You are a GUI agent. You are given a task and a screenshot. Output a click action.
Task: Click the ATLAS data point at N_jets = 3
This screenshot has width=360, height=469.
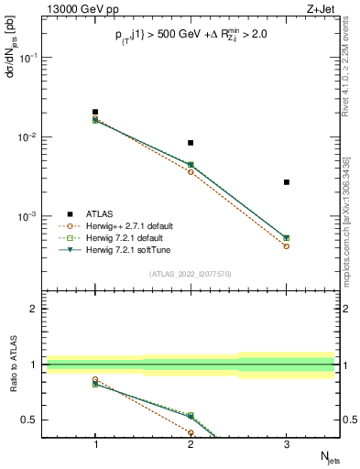coord(287,182)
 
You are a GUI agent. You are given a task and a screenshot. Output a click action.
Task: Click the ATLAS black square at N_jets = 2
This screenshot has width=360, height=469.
coord(191,143)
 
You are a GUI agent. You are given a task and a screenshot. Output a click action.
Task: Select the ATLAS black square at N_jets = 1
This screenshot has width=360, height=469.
coord(95,112)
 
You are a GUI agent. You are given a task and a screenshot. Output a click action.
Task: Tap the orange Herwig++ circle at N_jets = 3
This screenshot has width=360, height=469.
coord(287,246)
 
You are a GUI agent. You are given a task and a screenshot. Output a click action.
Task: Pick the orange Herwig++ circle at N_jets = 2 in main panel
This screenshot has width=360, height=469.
coord(191,172)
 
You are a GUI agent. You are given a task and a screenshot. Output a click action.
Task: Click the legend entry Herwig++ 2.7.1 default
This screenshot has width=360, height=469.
coord(128,225)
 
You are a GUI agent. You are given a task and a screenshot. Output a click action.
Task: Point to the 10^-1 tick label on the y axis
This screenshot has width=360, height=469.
coord(30,57)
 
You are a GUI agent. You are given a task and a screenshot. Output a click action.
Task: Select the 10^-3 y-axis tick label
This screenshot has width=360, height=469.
coord(30,217)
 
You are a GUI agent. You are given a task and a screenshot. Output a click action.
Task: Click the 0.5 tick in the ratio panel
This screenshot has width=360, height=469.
coord(34,420)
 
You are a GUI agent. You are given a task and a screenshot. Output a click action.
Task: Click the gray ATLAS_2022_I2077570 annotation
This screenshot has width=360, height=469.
coord(191,273)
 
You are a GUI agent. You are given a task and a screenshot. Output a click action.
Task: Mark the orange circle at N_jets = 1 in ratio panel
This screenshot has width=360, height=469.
coord(95,379)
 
